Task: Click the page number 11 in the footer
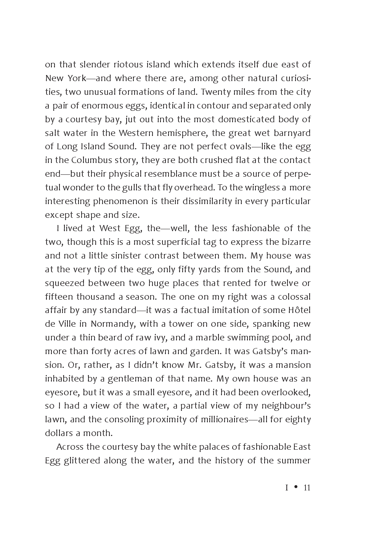pos(307,488)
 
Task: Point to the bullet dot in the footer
pos(296,488)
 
